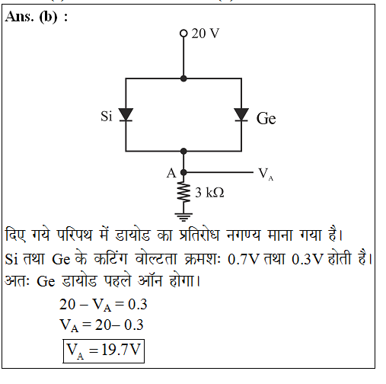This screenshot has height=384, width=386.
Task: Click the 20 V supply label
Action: point(206,34)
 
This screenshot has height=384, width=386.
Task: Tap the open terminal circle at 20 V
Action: point(183,34)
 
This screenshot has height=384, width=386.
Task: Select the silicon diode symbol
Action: point(126,115)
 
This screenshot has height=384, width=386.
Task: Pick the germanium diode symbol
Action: point(241,115)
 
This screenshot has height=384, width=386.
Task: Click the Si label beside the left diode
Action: point(107,117)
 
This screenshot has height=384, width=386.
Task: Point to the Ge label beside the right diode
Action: point(266,118)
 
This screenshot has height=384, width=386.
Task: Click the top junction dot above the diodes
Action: point(183,78)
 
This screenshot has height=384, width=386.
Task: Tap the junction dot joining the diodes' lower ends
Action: point(183,152)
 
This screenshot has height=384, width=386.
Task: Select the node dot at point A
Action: point(183,172)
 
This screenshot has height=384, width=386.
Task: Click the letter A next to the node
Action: point(171,173)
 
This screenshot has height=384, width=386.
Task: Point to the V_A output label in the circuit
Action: point(266,174)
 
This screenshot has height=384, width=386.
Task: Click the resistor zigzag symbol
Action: point(184,191)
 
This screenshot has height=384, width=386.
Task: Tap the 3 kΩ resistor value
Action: point(209,193)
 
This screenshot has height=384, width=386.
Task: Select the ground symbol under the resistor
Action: point(183,216)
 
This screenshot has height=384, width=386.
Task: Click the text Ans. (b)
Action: point(37,18)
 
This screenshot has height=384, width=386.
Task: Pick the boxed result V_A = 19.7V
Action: point(104,351)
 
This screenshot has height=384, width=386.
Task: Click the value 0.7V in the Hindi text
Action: point(244,259)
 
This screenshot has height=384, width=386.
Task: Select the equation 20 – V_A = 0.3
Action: point(104,305)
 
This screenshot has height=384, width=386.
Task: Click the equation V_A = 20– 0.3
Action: point(101,325)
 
